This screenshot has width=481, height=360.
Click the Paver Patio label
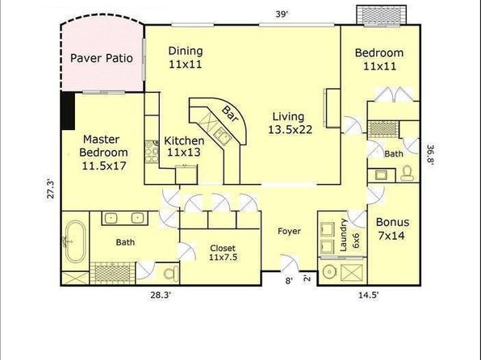pyautogui.click(x=102, y=58)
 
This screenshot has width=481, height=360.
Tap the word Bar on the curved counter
pyautogui.click(x=231, y=114)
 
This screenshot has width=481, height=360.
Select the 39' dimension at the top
pyautogui.click(x=282, y=14)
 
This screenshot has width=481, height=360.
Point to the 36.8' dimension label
pyautogui.click(x=430, y=155)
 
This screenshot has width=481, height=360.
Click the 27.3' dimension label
pyautogui.click(x=51, y=189)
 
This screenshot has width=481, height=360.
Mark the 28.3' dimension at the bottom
pyautogui.click(x=160, y=295)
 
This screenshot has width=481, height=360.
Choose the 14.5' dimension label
pyautogui.click(x=369, y=295)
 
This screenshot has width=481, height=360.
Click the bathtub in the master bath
pyautogui.click(x=76, y=241)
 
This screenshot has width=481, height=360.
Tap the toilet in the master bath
pyautogui.click(x=171, y=273)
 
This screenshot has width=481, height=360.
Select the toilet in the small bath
pyautogui.click(x=408, y=173)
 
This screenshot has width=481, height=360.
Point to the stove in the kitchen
pyautogui.click(x=152, y=151)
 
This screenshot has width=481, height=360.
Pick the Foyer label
pyautogui.click(x=289, y=231)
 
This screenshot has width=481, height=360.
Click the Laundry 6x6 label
pyautogui.click(x=349, y=235)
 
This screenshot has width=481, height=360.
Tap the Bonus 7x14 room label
pyautogui.click(x=392, y=228)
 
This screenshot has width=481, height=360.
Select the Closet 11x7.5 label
pyautogui.click(x=223, y=253)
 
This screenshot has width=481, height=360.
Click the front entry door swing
pyautogui.click(x=290, y=263)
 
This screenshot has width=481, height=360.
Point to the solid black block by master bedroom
pyautogui.click(x=68, y=111)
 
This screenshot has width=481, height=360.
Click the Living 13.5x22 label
pyautogui.click(x=290, y=123)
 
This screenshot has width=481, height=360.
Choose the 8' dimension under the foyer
pyautogui.click(x=289, y=281)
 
